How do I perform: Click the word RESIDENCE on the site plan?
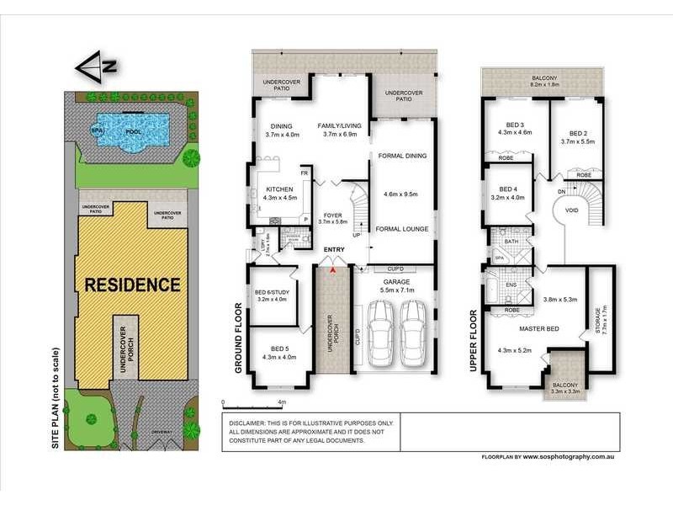click(x=132, y=284)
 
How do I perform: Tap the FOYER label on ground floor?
click(x=332, y=216)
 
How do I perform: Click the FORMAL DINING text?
click(x=403, y=156)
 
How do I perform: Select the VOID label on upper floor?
click(x=571, y=211)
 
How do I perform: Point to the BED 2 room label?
click(x=577, y=134)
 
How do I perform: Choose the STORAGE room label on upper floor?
click(x=597, y=320)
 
